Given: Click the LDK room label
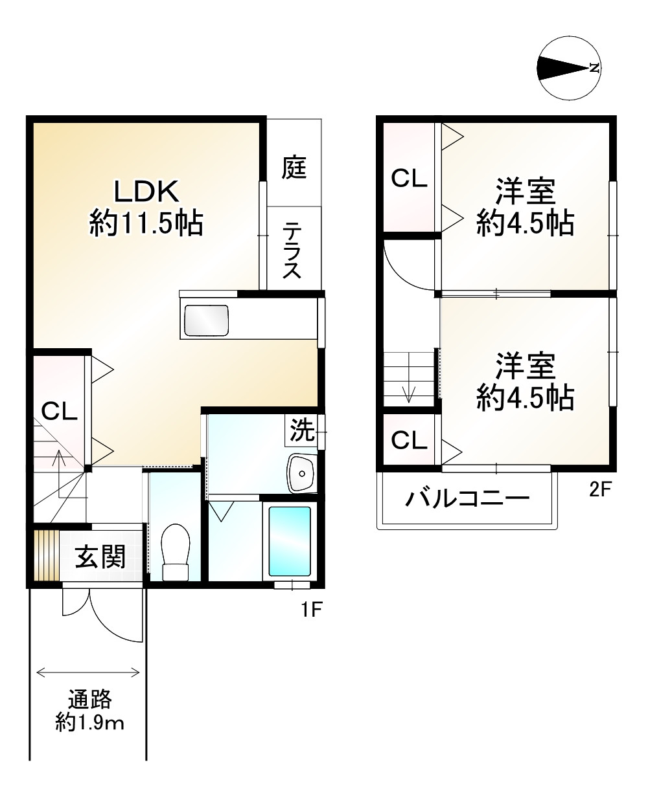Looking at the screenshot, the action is tap(146, 192).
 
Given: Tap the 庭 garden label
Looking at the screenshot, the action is tap(294, 167).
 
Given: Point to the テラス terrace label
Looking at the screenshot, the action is tap(292, 250).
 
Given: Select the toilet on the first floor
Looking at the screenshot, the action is tap(175, 553).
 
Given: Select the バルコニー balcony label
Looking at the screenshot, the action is tap(468, 498).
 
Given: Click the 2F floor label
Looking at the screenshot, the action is tap(600, 490).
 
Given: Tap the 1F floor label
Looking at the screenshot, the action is tap(312, 610).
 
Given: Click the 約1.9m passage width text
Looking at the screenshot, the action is tap(90, 723).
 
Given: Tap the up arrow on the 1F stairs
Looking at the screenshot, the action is tap(59, 474).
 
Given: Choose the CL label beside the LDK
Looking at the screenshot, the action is tap(59, 412).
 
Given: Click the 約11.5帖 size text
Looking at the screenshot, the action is tap(146, 224).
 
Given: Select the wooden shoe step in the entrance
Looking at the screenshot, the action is tap(47, 556).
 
